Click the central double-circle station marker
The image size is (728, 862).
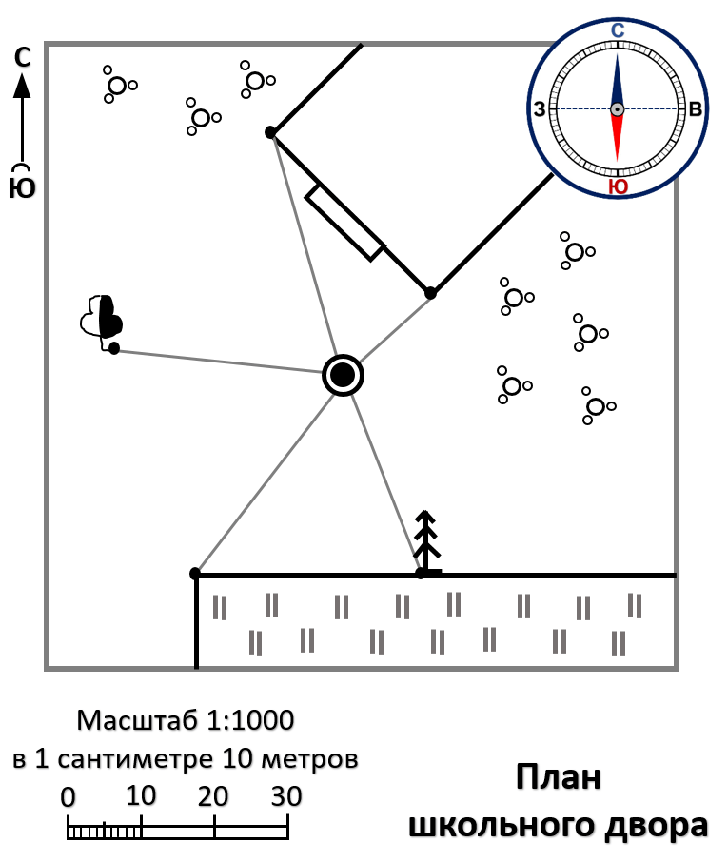point(343,375)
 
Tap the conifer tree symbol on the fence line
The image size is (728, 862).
point(427,542)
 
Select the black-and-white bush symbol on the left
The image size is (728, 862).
point(102,317)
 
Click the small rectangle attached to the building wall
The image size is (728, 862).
point(344,223)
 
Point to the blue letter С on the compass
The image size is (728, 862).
point(617,31)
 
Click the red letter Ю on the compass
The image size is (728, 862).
point(617,187)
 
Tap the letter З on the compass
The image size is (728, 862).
point(540,110)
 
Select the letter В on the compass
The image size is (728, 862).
point(696,110)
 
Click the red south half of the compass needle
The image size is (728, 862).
point(617,139)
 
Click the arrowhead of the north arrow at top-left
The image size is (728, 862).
point(22,88)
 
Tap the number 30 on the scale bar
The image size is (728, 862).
point(286,796)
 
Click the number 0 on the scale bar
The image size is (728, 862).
point(68,796)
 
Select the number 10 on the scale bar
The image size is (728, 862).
point(141,796)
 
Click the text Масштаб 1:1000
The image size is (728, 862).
point(186,720)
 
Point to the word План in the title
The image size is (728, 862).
point(559,777)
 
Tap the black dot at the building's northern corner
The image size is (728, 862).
point(270,131)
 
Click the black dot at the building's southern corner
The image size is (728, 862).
point(430,293)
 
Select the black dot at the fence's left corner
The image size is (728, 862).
point(195,574)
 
